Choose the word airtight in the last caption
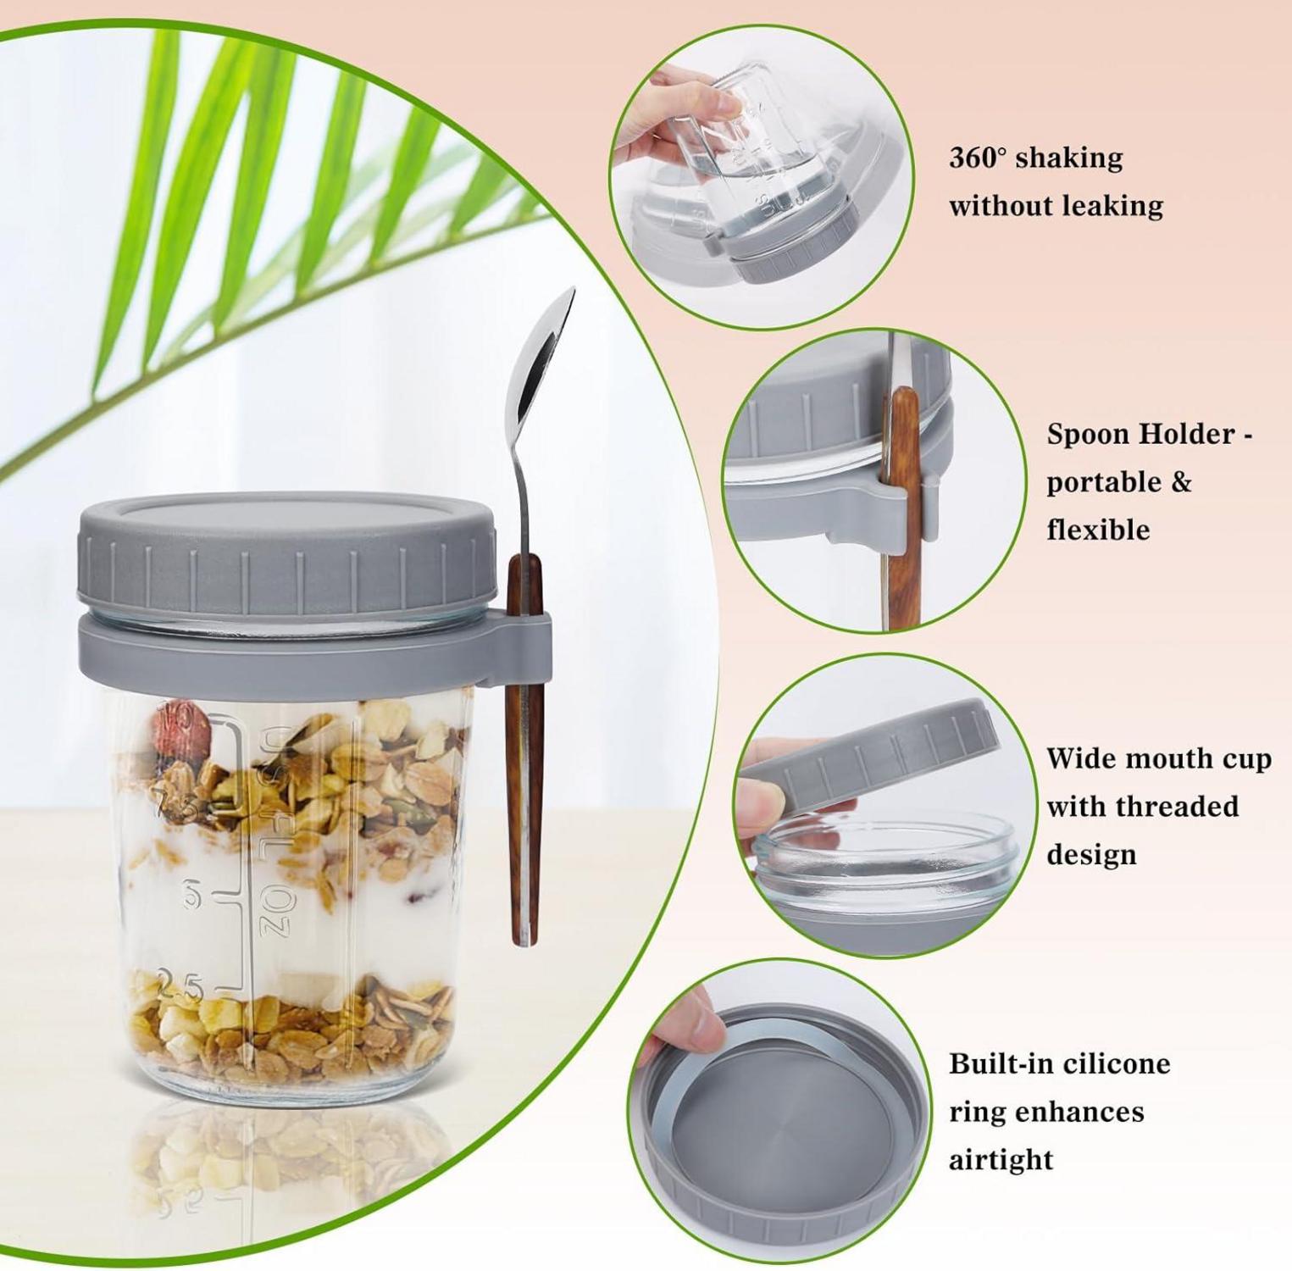(1001, 1160)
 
